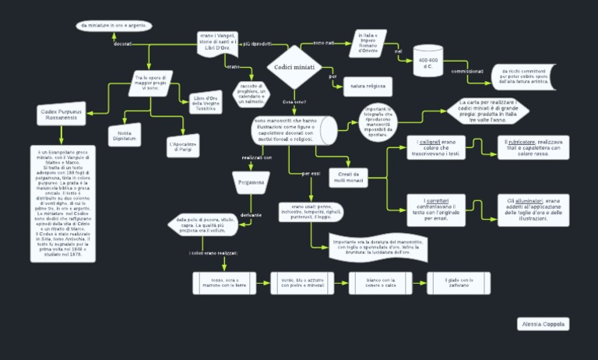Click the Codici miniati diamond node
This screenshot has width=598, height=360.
coord(294,67)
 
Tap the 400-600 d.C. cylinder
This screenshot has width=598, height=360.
coord(427,63)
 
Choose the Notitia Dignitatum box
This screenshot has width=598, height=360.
coord(125,134)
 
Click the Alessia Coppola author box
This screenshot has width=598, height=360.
coord(543,323)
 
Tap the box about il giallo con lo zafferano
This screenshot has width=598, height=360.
coord(459,283)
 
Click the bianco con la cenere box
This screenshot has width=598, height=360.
coord(381,283)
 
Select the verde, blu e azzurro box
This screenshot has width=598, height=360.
coord(302,283)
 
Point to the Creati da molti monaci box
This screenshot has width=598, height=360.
coord(348,177)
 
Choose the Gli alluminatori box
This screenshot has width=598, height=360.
coord(533,210)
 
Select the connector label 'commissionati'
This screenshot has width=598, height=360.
coord(467,71)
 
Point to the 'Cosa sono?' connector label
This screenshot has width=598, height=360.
coord(294,102)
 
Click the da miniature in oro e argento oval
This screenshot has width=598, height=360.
coord(114,26)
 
